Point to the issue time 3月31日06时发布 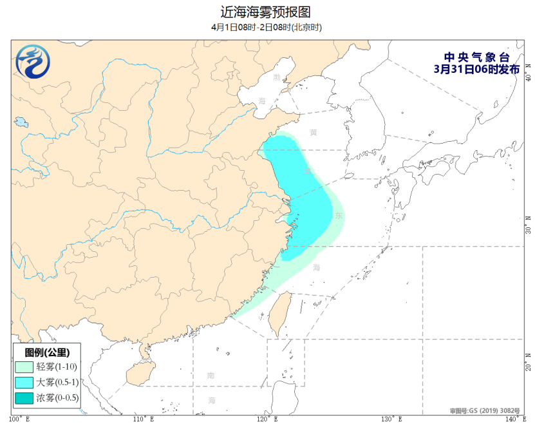coord(476,69)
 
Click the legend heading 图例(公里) coord(47,352)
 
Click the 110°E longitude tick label coord(144,419)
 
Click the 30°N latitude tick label coord(527,229)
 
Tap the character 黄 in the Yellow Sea coord(313,133)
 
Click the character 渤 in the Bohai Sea coord(277,77)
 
